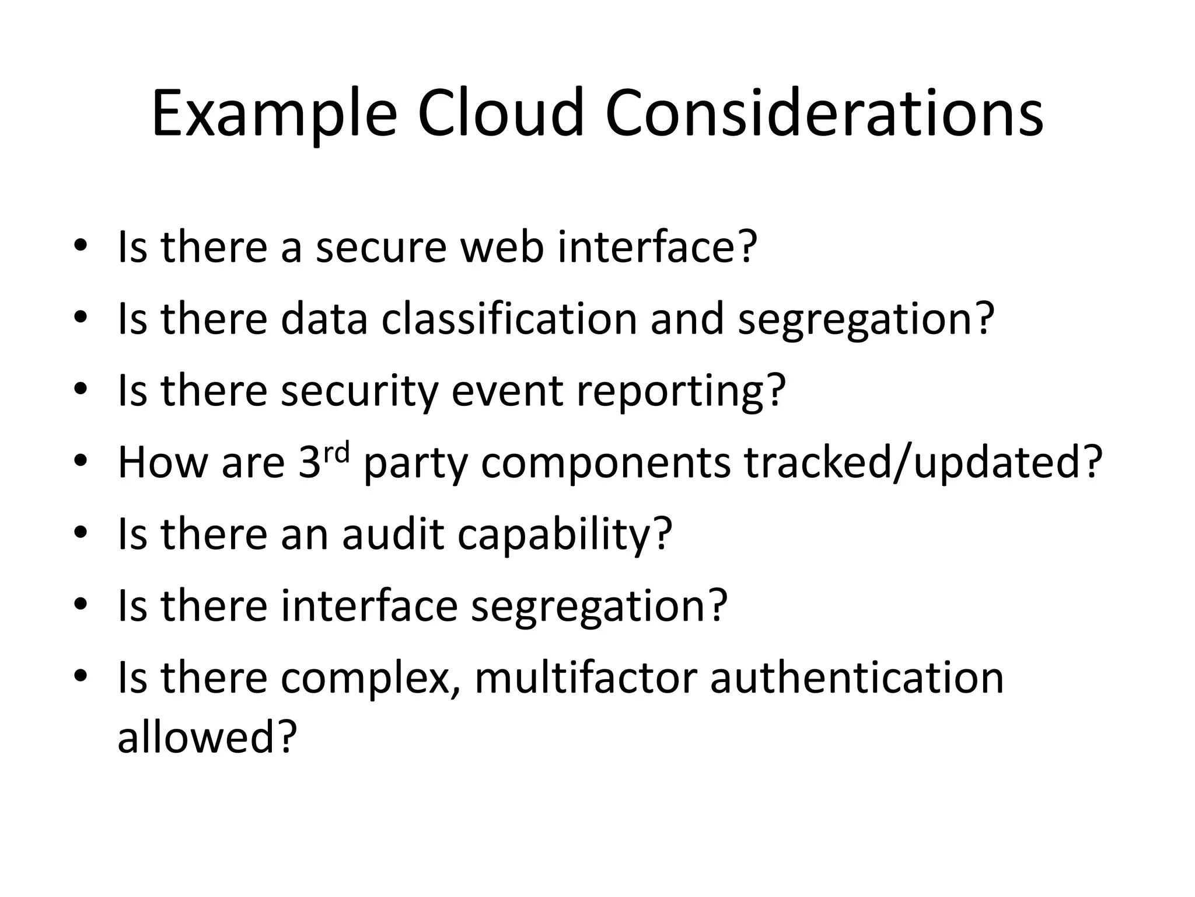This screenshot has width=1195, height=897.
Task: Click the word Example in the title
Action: pos(274,114)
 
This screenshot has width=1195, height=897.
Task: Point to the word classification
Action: pos(509,318)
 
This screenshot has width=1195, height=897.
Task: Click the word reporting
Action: pos(680,391)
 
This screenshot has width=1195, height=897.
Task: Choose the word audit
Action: pos(393,534)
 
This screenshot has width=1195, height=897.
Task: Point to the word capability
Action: pos(564,534)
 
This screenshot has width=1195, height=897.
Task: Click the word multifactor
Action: pos(586,677)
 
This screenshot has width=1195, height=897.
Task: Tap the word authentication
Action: pos(857,677)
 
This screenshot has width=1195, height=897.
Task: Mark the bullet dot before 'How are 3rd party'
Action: pos(81,461)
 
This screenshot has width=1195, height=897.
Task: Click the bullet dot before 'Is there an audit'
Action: pos(81,533)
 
